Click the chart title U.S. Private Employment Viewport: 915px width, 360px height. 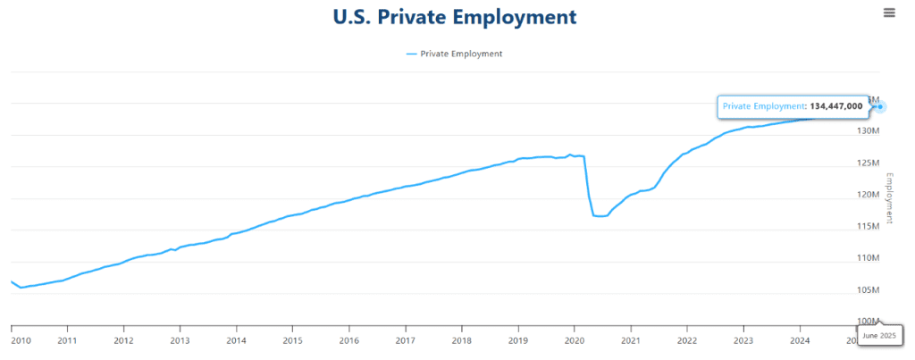click(x=455, y=17)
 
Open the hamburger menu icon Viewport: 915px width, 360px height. click(x=889, y=13)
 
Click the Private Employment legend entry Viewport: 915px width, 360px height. click(x=455, y=54)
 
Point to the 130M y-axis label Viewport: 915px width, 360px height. click(x=868, y=131)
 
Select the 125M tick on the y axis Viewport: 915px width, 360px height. click(x=868, y=163)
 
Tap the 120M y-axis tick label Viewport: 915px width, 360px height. click(x=868, y=195)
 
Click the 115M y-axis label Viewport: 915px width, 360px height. click(x=868, y=226)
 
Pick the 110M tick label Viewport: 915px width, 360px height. click(x=868, y=258)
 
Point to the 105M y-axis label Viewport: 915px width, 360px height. click(x=868, y=290)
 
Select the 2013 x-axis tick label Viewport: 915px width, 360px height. click(x=180, y=340)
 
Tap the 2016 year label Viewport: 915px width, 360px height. click(x=349, y=340)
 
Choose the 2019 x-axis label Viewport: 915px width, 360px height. click(x=518, y=340)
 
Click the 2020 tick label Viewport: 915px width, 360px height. click(x=575, y=340)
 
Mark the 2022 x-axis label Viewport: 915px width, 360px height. click(x=687, y=340)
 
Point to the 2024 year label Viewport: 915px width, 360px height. click(x=800, y=340)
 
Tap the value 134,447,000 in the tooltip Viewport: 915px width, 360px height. click(x=836, y=106)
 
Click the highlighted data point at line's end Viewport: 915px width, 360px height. click(x=881, y=107)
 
